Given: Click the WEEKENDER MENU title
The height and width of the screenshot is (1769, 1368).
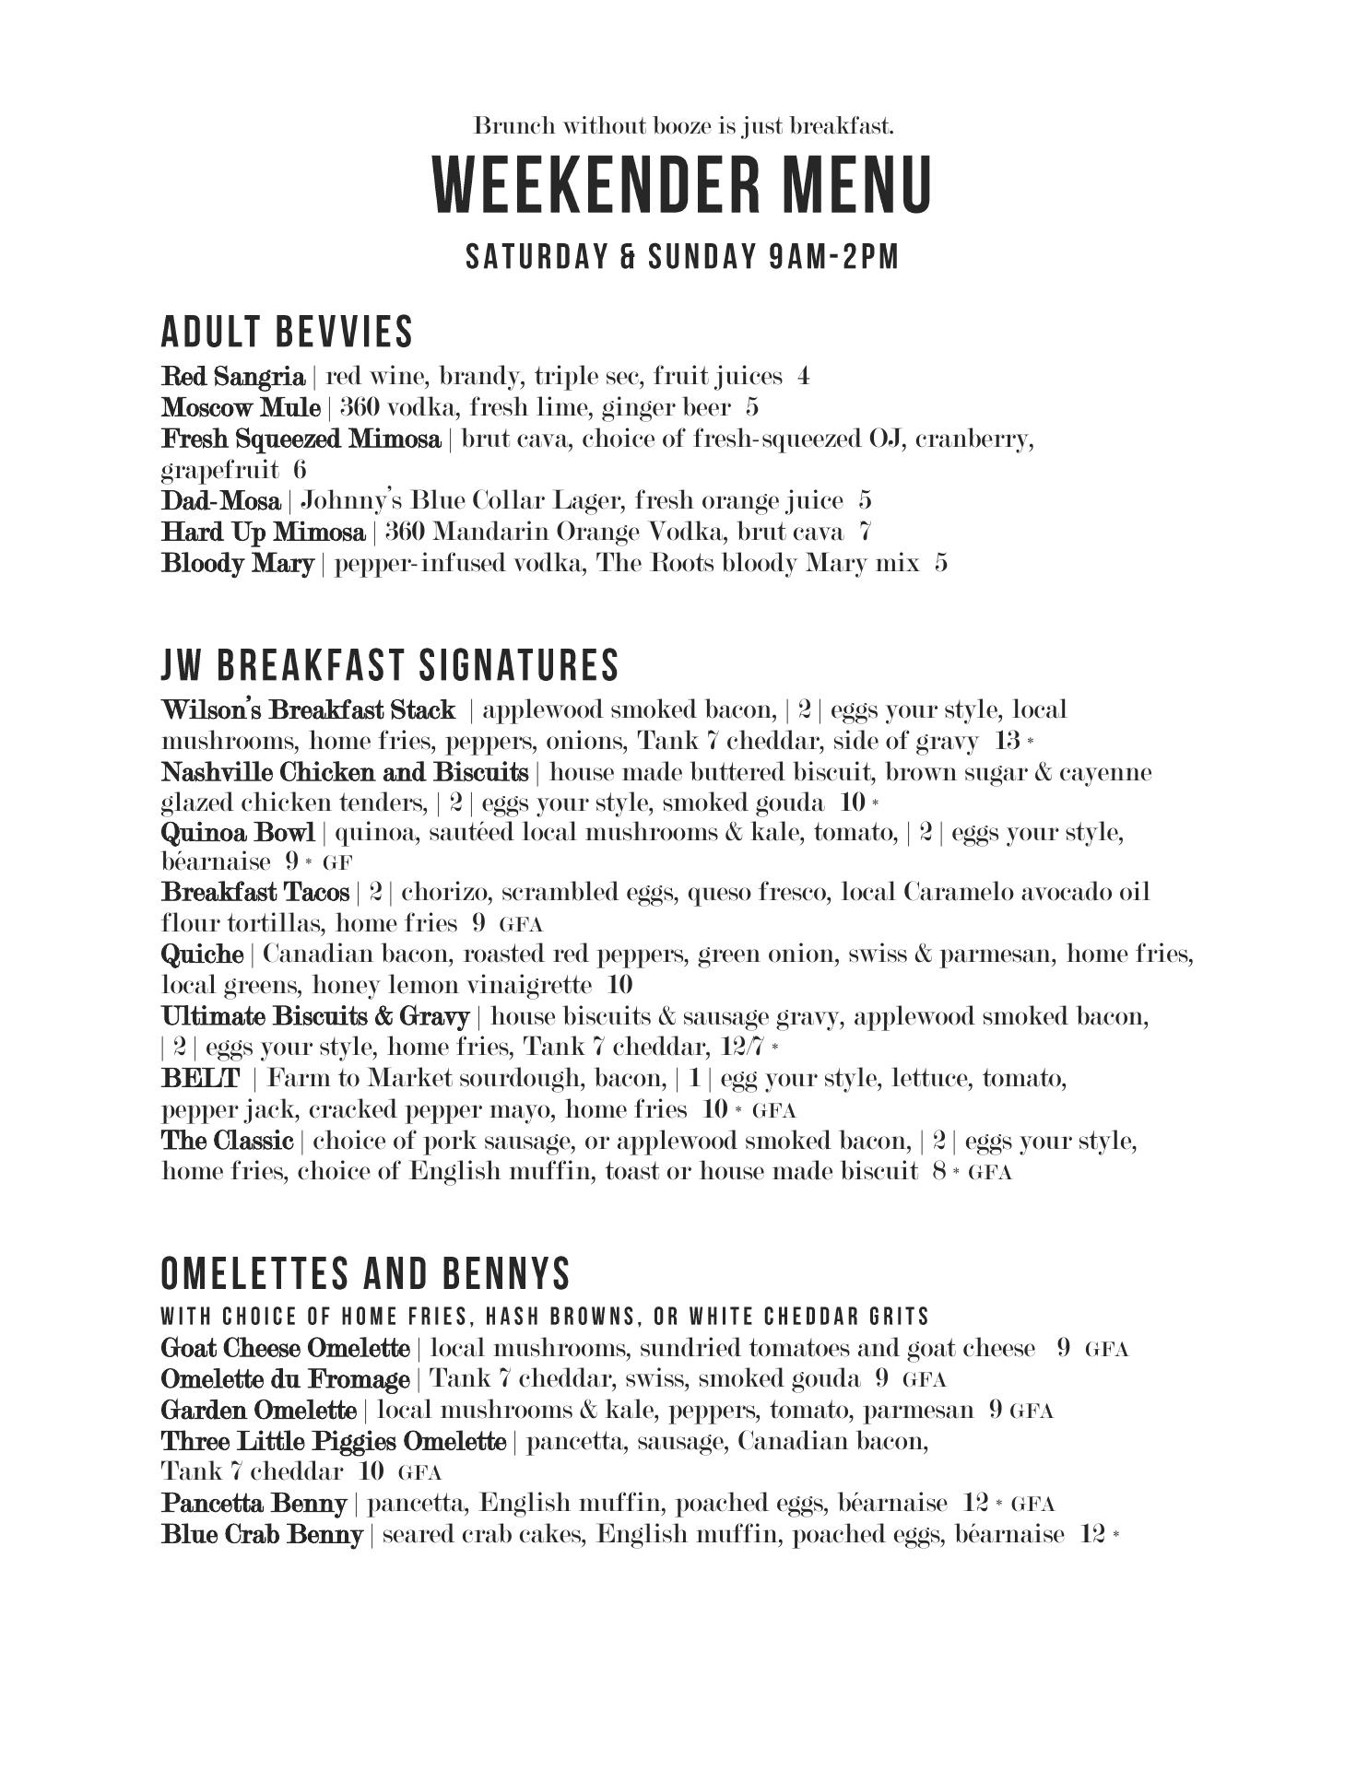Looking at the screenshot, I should click(x=683, y=185).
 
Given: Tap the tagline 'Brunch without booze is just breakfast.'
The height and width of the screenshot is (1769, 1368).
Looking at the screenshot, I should click(x=683, y=125).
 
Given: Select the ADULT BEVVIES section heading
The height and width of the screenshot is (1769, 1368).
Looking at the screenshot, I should click(x=287, y=333).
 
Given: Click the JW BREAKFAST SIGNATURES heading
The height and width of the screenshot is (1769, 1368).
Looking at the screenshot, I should click(x=390, y=665).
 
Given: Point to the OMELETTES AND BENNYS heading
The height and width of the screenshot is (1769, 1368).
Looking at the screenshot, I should click(x=366, y=1274).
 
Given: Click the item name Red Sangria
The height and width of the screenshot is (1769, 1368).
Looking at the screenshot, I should click(x=232, y=377).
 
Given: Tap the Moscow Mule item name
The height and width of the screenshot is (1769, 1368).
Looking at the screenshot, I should click(x=241, y=407).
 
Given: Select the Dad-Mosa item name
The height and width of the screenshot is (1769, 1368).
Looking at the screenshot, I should click(x=220, y=501).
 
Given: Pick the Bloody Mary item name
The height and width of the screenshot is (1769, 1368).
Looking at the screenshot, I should click(x=237, y=563).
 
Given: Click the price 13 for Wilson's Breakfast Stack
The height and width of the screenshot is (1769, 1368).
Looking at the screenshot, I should click(x=1008, y=741).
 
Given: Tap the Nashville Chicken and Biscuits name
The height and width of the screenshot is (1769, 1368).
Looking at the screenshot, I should click(x=345, y=772).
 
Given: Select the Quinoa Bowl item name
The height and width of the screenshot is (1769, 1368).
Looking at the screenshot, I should click(x=238, y=833).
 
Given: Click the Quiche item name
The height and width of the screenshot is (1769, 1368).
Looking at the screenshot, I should click(x=202, y=955).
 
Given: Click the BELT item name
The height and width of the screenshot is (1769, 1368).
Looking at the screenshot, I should click(x=200, y=1078).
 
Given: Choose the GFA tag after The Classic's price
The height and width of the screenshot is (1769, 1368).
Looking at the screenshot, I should click(x=990, y=1173).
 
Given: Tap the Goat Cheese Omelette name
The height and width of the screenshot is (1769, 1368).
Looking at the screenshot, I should click(x=285, y=1349).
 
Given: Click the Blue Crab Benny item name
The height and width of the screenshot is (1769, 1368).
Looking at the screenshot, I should click(x=262, y=1535).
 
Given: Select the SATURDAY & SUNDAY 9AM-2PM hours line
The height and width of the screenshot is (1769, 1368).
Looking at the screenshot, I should click(x=682, y=257).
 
